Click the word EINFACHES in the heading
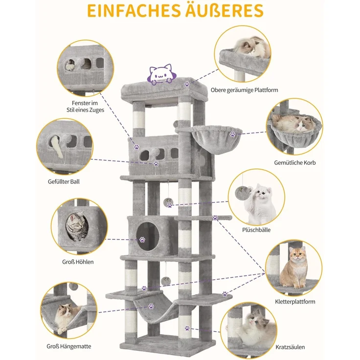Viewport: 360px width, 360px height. pyautogui.click(x=134, y=11)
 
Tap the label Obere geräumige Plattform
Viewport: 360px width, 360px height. pyautogui.click(x=244, y=90)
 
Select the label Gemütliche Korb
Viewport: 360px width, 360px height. pyautogui.click(x=295, y=163)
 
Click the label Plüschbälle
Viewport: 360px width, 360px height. pyautogui.click(x=256, y=230)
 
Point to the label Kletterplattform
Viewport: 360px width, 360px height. pyautogui.click(x=295, y=301)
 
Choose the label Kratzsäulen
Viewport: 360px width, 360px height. pyautogui.click(x=290, y=347)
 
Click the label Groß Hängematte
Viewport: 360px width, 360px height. pyautogui.click(x=69, y=346)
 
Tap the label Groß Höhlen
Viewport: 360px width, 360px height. pyautogui.click(x=78, y=262)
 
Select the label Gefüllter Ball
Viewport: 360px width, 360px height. pyautogui.click(x=64, y=181)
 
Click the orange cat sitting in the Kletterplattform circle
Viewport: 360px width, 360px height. pyautogui.click(x=294, y=268)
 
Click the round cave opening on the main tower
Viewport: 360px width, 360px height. pyautogui.click(x=148, y=237)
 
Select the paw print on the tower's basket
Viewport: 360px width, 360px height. pyautogui.click(x=233, y=134)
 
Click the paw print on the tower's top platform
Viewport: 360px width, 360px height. pyautogui.click(x=187, y=84)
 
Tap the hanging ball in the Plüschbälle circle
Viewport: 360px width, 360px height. pyautogui.click(x=240, y=192)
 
